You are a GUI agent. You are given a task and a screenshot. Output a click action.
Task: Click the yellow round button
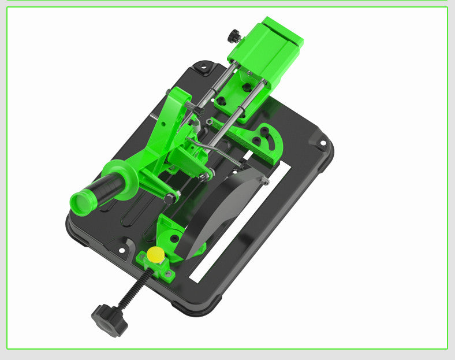point(155,254)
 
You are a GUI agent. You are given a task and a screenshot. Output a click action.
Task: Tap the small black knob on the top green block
point(234,36)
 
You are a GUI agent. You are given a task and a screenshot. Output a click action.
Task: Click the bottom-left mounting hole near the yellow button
point(123,250)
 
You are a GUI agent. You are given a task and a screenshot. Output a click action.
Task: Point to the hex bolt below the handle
point(169,198)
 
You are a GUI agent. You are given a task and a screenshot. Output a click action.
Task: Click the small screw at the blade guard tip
point(264,181)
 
